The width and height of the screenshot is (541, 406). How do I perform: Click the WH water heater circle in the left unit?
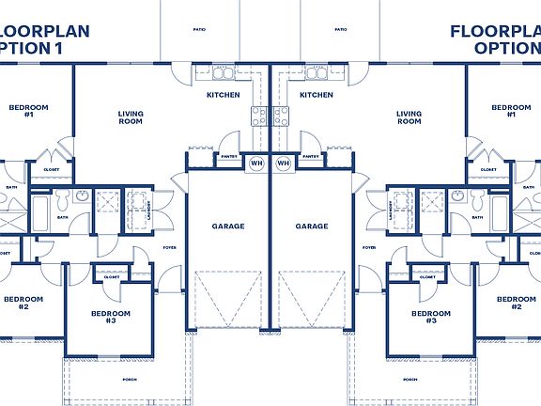coord(256,164)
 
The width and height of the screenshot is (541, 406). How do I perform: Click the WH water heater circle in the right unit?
coord(284,164)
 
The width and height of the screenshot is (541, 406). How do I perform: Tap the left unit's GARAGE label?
coord(228,226)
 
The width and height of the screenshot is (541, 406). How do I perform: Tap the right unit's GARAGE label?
coord(312,226)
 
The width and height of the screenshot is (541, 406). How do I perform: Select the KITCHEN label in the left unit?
coord(224,95)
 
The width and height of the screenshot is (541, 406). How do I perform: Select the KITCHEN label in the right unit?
coord(317,95)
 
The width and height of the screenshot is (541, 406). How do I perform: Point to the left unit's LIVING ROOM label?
coord(131,117)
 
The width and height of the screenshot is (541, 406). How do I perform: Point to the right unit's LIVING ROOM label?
coord(410,117)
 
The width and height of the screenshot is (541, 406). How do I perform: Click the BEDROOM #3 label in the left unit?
coord(111,317)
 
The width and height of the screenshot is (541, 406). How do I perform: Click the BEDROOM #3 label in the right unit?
coord(430,317)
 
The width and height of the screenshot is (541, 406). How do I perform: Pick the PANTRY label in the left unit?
coord(228,157)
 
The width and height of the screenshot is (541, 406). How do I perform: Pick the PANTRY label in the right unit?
coord(312,157)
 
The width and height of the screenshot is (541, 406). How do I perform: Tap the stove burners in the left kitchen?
coord(259,117)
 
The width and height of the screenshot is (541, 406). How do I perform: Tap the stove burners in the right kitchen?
coord(281,117)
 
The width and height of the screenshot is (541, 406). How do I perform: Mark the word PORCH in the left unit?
coord(130,380)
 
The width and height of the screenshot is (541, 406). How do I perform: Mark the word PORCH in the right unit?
coord(410,380)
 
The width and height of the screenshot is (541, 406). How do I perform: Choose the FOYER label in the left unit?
coord(169,248)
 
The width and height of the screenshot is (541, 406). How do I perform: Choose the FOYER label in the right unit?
coord(370,248)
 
